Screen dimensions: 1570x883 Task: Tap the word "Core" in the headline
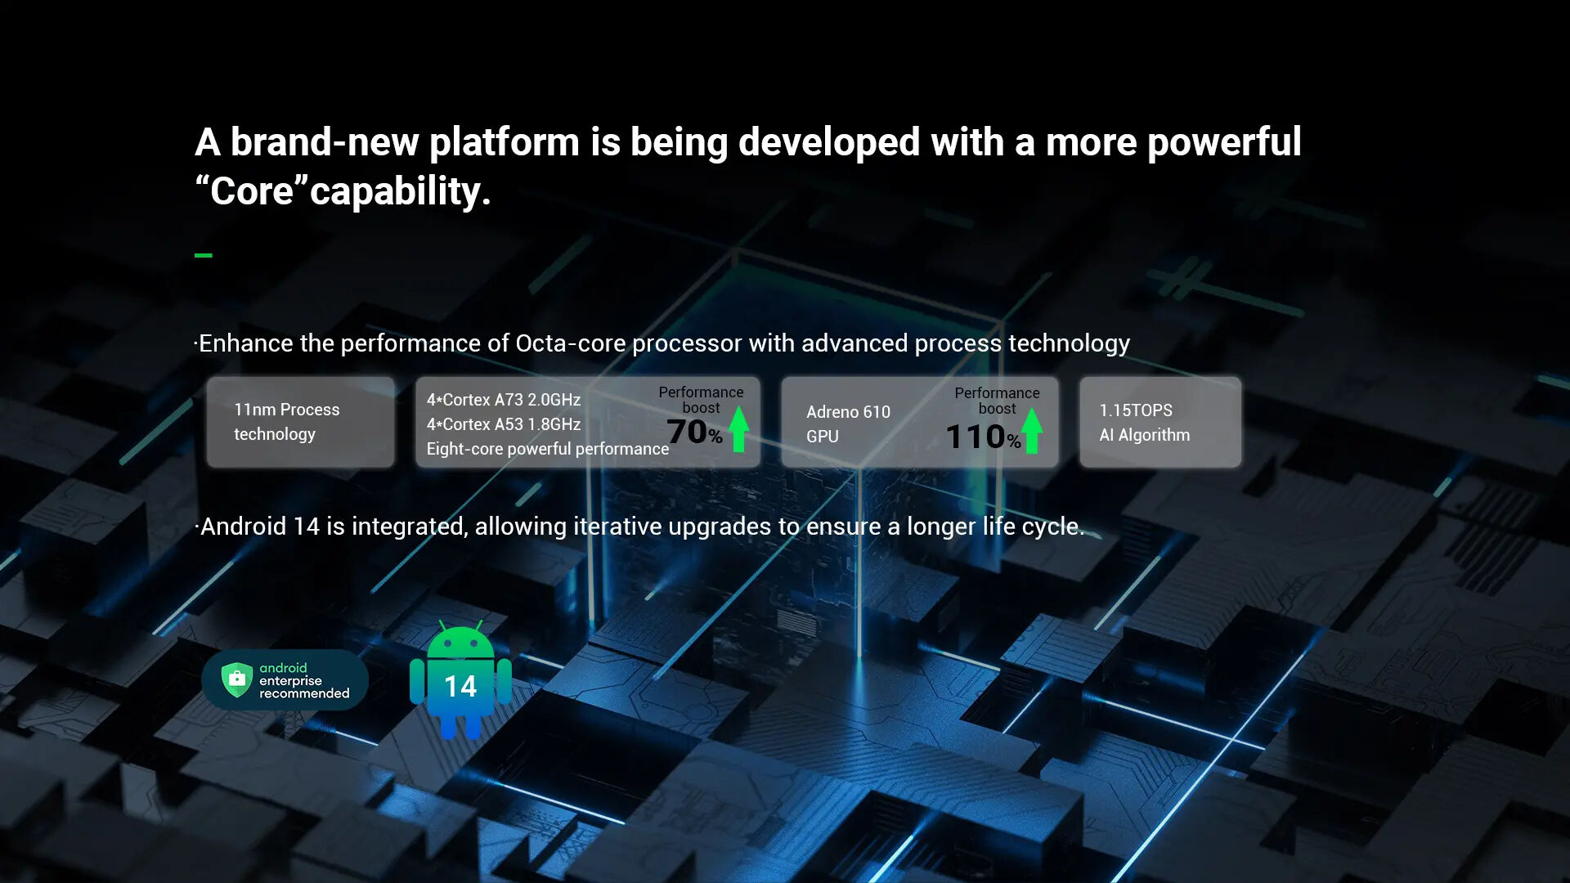coord(252,191)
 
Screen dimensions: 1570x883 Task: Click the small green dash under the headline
coord(204,255)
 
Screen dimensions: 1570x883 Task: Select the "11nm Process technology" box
coord(300,422)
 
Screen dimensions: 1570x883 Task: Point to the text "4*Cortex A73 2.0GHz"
coord(504,400)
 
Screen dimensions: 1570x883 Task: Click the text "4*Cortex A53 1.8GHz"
coord(504,424)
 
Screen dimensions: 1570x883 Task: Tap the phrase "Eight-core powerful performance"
coord(548,449)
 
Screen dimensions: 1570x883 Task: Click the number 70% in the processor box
coord(695,432)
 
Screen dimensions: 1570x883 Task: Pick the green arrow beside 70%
coord(739,429)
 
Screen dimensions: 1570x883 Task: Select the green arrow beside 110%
coord(1032,431)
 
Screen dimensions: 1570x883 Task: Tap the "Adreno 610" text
coord(848,412)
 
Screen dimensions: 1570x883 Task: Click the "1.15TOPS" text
coord(1136,410)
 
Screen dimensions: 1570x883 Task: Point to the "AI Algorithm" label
coord(1145,435)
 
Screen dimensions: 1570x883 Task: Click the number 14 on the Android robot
coord(460,686)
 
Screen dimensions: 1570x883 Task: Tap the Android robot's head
coord(460,640)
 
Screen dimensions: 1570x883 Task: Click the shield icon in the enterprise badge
coord(237,679)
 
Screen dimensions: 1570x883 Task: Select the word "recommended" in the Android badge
coord(304,693)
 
